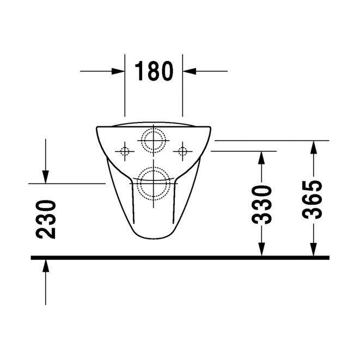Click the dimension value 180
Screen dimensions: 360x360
pos(154,71)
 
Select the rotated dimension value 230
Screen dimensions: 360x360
pos(46,219)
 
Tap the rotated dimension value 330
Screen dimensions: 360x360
pos(262,205)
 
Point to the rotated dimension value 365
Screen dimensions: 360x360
pos(313,199)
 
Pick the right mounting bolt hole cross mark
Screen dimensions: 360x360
pos(182,150)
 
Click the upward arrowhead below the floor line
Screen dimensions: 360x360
pos(46,265)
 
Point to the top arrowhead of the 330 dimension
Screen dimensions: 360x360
pos(262,157)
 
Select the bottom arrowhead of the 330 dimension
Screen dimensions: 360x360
pos(262,249)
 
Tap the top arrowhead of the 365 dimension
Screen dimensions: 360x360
pos(313,147)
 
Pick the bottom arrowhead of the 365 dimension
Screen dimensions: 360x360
pos(313,249)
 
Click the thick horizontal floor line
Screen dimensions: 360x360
pos(180,257)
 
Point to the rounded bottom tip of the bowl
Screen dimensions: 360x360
pos(154,239)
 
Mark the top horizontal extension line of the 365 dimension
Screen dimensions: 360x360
pos(272,141)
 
